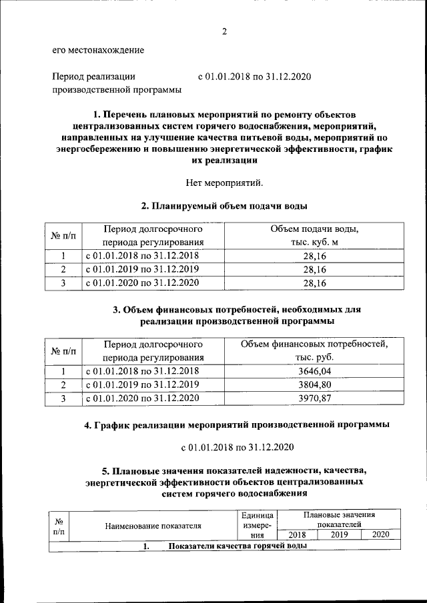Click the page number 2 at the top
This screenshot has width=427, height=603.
[225, 31]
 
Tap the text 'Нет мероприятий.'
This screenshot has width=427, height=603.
[225, 182]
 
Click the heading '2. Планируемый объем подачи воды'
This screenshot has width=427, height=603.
[224, 205]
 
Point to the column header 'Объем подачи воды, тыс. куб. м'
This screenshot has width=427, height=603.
[314, 236]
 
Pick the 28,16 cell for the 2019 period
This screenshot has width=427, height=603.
[314, 269]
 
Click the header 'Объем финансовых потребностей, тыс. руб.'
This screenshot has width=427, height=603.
[314, 351]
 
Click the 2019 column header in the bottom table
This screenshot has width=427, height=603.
[339, 534]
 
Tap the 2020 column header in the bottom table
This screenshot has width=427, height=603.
[380, 534]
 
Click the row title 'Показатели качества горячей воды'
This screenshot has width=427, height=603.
[238, 546]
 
